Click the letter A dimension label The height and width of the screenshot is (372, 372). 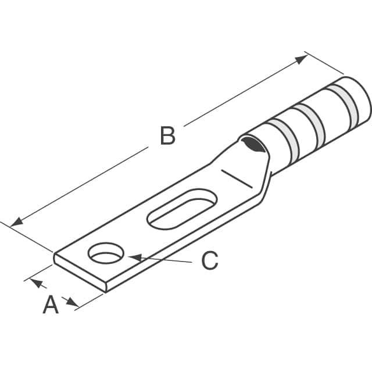51,305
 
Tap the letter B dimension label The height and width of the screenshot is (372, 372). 167,137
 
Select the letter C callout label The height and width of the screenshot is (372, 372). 209,261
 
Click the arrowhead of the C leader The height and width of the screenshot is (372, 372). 132,256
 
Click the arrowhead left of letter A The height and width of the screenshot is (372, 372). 36,283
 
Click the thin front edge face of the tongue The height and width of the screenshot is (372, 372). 78,273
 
